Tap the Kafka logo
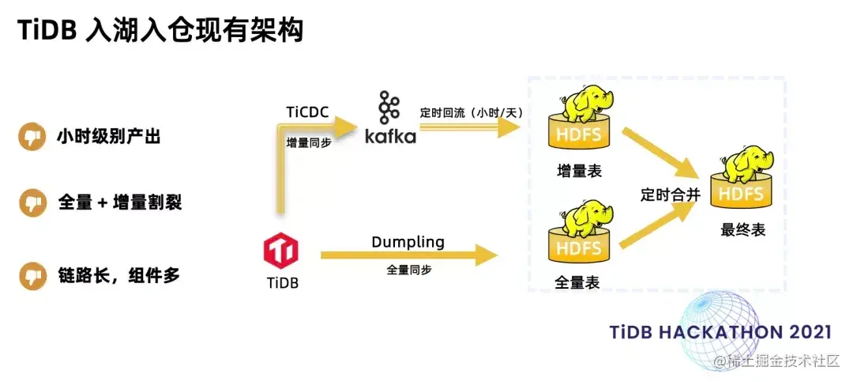click(x=389, y=119)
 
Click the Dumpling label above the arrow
click(x=408, y=241)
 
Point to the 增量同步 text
click(x=309, y=144)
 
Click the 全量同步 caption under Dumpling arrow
click(x=408, y=270)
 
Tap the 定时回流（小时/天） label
click(x=472, y=112)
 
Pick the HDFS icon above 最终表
click(x=742, y=180)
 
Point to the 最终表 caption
click(x=742, y=230)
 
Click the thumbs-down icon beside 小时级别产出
click(x=33, y=137)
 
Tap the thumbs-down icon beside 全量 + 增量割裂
click(x=33, y=202)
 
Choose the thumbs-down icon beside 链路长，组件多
click(x=33, y=276)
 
